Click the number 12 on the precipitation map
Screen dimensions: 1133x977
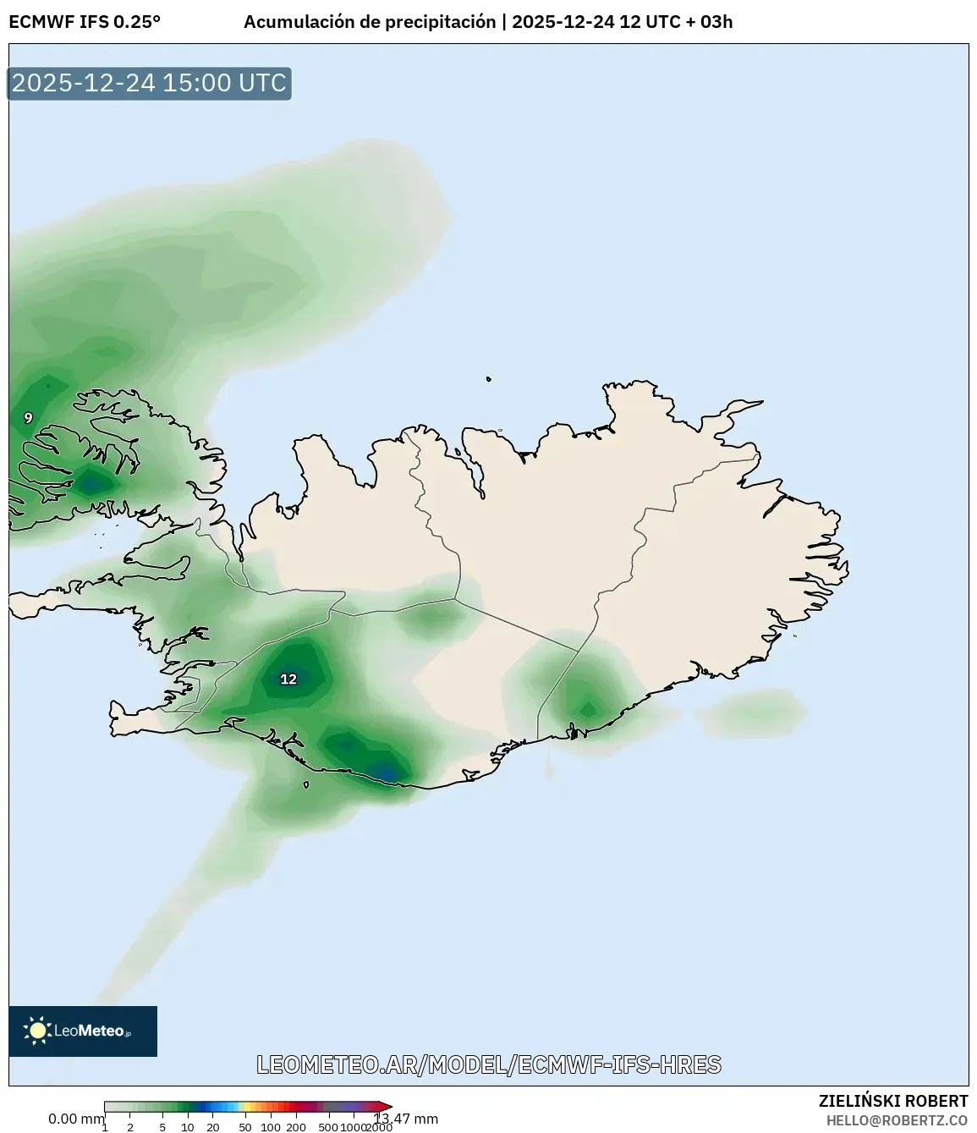(x=288, y=679)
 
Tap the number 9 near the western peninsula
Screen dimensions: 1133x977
(x=28, y=418)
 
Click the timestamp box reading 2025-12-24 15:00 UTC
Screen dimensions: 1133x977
(x=149, y=83)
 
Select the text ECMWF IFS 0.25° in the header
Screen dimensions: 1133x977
(x=85, y=22)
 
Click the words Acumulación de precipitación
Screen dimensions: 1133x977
(x=370, y=22)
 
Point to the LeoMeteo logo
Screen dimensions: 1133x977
(x=83, y=1031)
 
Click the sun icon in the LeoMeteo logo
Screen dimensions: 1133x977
(x=38, y=1030)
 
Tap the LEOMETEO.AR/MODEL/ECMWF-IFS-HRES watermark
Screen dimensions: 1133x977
(x=489, y=1064)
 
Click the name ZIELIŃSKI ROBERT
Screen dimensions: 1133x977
(x=892, y=1101)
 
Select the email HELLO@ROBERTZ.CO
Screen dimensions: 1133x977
(x=897, y=1120)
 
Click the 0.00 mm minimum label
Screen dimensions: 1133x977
(x=76, y=1119)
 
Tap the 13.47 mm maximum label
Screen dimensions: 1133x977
(x=407, y=1119)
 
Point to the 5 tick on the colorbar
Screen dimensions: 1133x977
(x=162, y=1127)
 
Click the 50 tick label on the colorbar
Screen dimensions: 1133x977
(x=244, y=1127)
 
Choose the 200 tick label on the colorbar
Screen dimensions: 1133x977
(x=296, y=1127)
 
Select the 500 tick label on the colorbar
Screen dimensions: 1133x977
(x=328, y=1127)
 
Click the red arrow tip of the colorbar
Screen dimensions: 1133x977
(x=387, y=1107)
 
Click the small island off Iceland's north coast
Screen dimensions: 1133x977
(x=489, y=380)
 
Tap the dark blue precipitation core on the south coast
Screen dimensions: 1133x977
(x=385, y=773)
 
